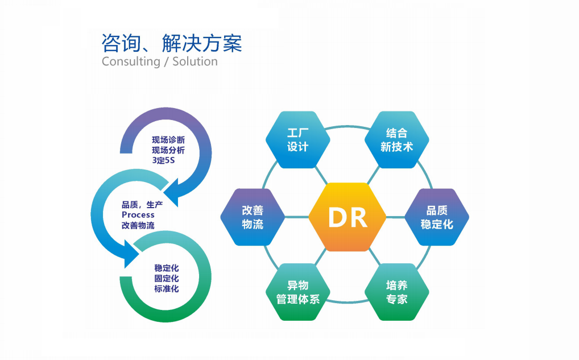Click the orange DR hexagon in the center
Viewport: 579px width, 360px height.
tap(348, 217)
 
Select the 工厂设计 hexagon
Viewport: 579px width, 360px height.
tap(297, 140)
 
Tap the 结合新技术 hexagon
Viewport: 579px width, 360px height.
tap(396, 140)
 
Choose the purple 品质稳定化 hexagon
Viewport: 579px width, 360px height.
tap(437, 217)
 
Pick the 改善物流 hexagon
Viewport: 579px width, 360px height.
tap(253, 217)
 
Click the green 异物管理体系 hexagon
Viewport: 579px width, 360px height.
tap(297, 292)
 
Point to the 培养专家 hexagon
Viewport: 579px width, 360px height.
tap(396, 292)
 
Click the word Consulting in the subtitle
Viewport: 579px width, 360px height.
tap(131, 61)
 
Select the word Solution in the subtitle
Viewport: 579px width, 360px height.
tap(195, 61)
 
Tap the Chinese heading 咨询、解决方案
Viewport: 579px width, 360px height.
tap(172, 43)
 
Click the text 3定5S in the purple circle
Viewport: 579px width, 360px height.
tap(163, 160)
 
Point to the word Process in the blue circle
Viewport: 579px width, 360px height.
tap(138, 214)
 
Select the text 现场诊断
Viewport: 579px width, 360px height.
tap(168, 140)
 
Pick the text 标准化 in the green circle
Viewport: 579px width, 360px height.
tap(167, 288)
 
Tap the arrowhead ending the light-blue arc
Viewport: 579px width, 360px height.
tap(131, 254)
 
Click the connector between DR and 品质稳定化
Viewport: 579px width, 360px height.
tap(395, 217)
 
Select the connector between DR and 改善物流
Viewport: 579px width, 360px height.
tap(296, 217)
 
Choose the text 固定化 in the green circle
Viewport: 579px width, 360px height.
tap(167, 278)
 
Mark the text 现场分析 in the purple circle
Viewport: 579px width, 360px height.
tap(168, 150)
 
